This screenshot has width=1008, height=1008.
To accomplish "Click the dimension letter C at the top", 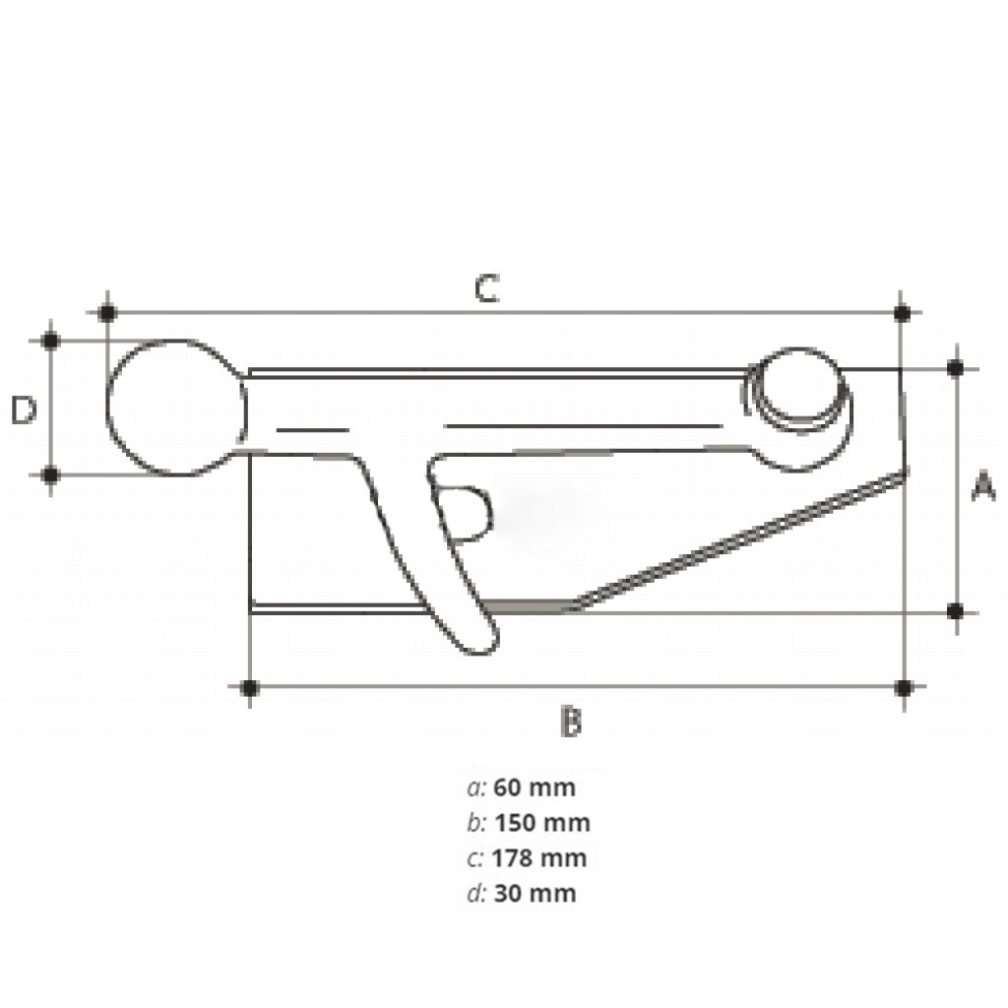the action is (x=486, y=288).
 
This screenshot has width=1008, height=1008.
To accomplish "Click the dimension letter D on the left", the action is (x=25, y=409).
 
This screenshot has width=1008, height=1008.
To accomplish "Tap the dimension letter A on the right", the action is (x=983, y=486).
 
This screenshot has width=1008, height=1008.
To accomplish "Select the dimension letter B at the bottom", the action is (x=571, y=721).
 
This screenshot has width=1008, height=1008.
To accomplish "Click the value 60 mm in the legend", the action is (x=535, y=787).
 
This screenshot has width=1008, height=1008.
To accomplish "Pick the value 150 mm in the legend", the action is (x=542, y=823).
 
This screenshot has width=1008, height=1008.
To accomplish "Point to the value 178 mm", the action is (x=539, y=858).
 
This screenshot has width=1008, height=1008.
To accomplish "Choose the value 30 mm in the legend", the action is (x=535, y=894).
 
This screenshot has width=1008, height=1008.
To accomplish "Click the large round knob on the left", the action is (x=175, y=408).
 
